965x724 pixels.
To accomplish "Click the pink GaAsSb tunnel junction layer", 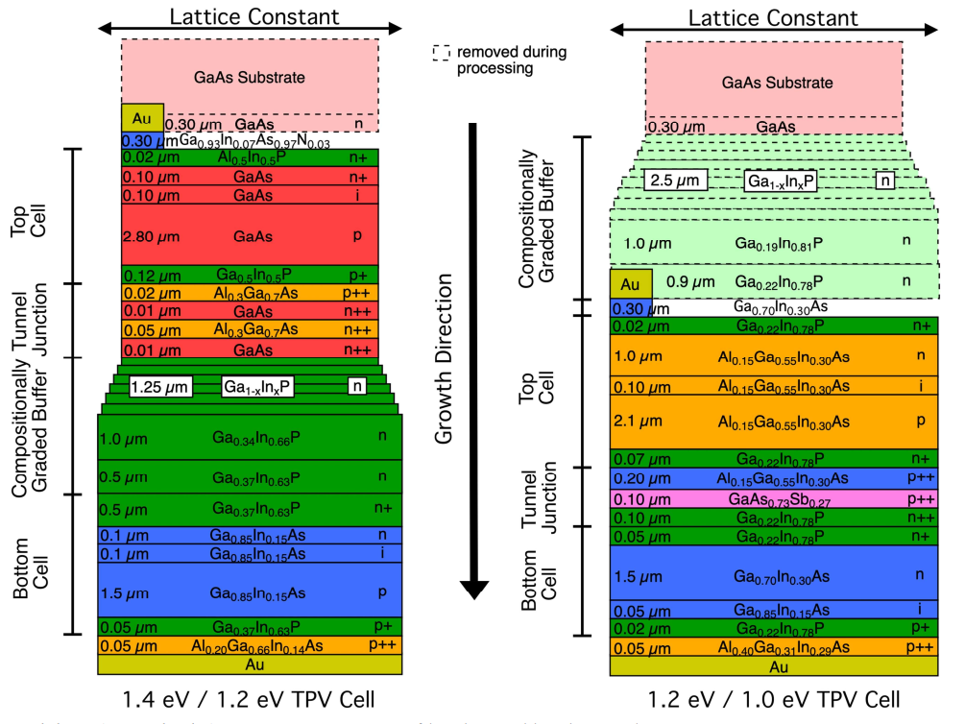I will [775, 499].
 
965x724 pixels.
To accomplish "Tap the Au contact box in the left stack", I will [142, 117].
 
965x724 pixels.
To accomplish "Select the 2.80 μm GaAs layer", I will [250, 234].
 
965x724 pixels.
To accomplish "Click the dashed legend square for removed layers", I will [441, 54].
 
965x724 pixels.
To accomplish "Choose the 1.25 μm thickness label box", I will [160, 387].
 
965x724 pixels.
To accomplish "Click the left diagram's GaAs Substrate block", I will [250, 77].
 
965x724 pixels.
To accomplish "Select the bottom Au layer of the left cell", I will [250, 664].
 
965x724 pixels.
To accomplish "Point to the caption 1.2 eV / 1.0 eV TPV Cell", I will [773, 698].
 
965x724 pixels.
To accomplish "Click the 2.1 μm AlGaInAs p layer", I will [775, 422].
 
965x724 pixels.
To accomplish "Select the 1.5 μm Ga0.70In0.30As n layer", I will [775, 573].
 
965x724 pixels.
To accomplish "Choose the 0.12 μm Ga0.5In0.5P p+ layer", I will [250, 275].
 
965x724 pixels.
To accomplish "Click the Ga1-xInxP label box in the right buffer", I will [780, 180].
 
